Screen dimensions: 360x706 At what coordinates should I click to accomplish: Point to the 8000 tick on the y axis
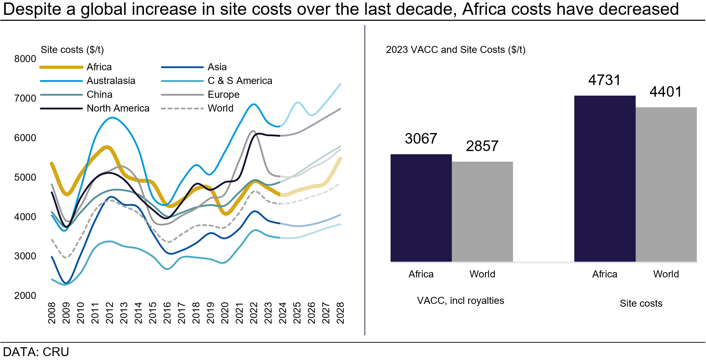(25, 59)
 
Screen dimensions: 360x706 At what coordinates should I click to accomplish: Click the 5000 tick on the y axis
(25, 177)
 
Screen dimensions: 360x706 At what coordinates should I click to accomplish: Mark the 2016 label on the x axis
(167, 313)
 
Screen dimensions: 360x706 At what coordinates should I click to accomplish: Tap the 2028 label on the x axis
(340, 313)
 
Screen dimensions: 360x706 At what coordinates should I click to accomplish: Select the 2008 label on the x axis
(52, 313)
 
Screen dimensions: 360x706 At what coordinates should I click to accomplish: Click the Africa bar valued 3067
(421, 208)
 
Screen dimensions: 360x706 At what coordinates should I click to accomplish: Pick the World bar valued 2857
(482, 212)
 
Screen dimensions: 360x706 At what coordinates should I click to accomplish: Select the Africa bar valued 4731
(604, 179)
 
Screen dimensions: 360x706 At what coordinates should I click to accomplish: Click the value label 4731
(604, 80)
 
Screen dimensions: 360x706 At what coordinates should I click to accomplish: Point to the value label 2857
(482, 146)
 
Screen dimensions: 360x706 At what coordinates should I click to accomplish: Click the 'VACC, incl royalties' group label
(460, 301)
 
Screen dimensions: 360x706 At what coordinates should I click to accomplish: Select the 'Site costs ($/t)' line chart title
(72, 50)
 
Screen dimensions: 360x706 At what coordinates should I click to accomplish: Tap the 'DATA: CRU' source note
(36, 352)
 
